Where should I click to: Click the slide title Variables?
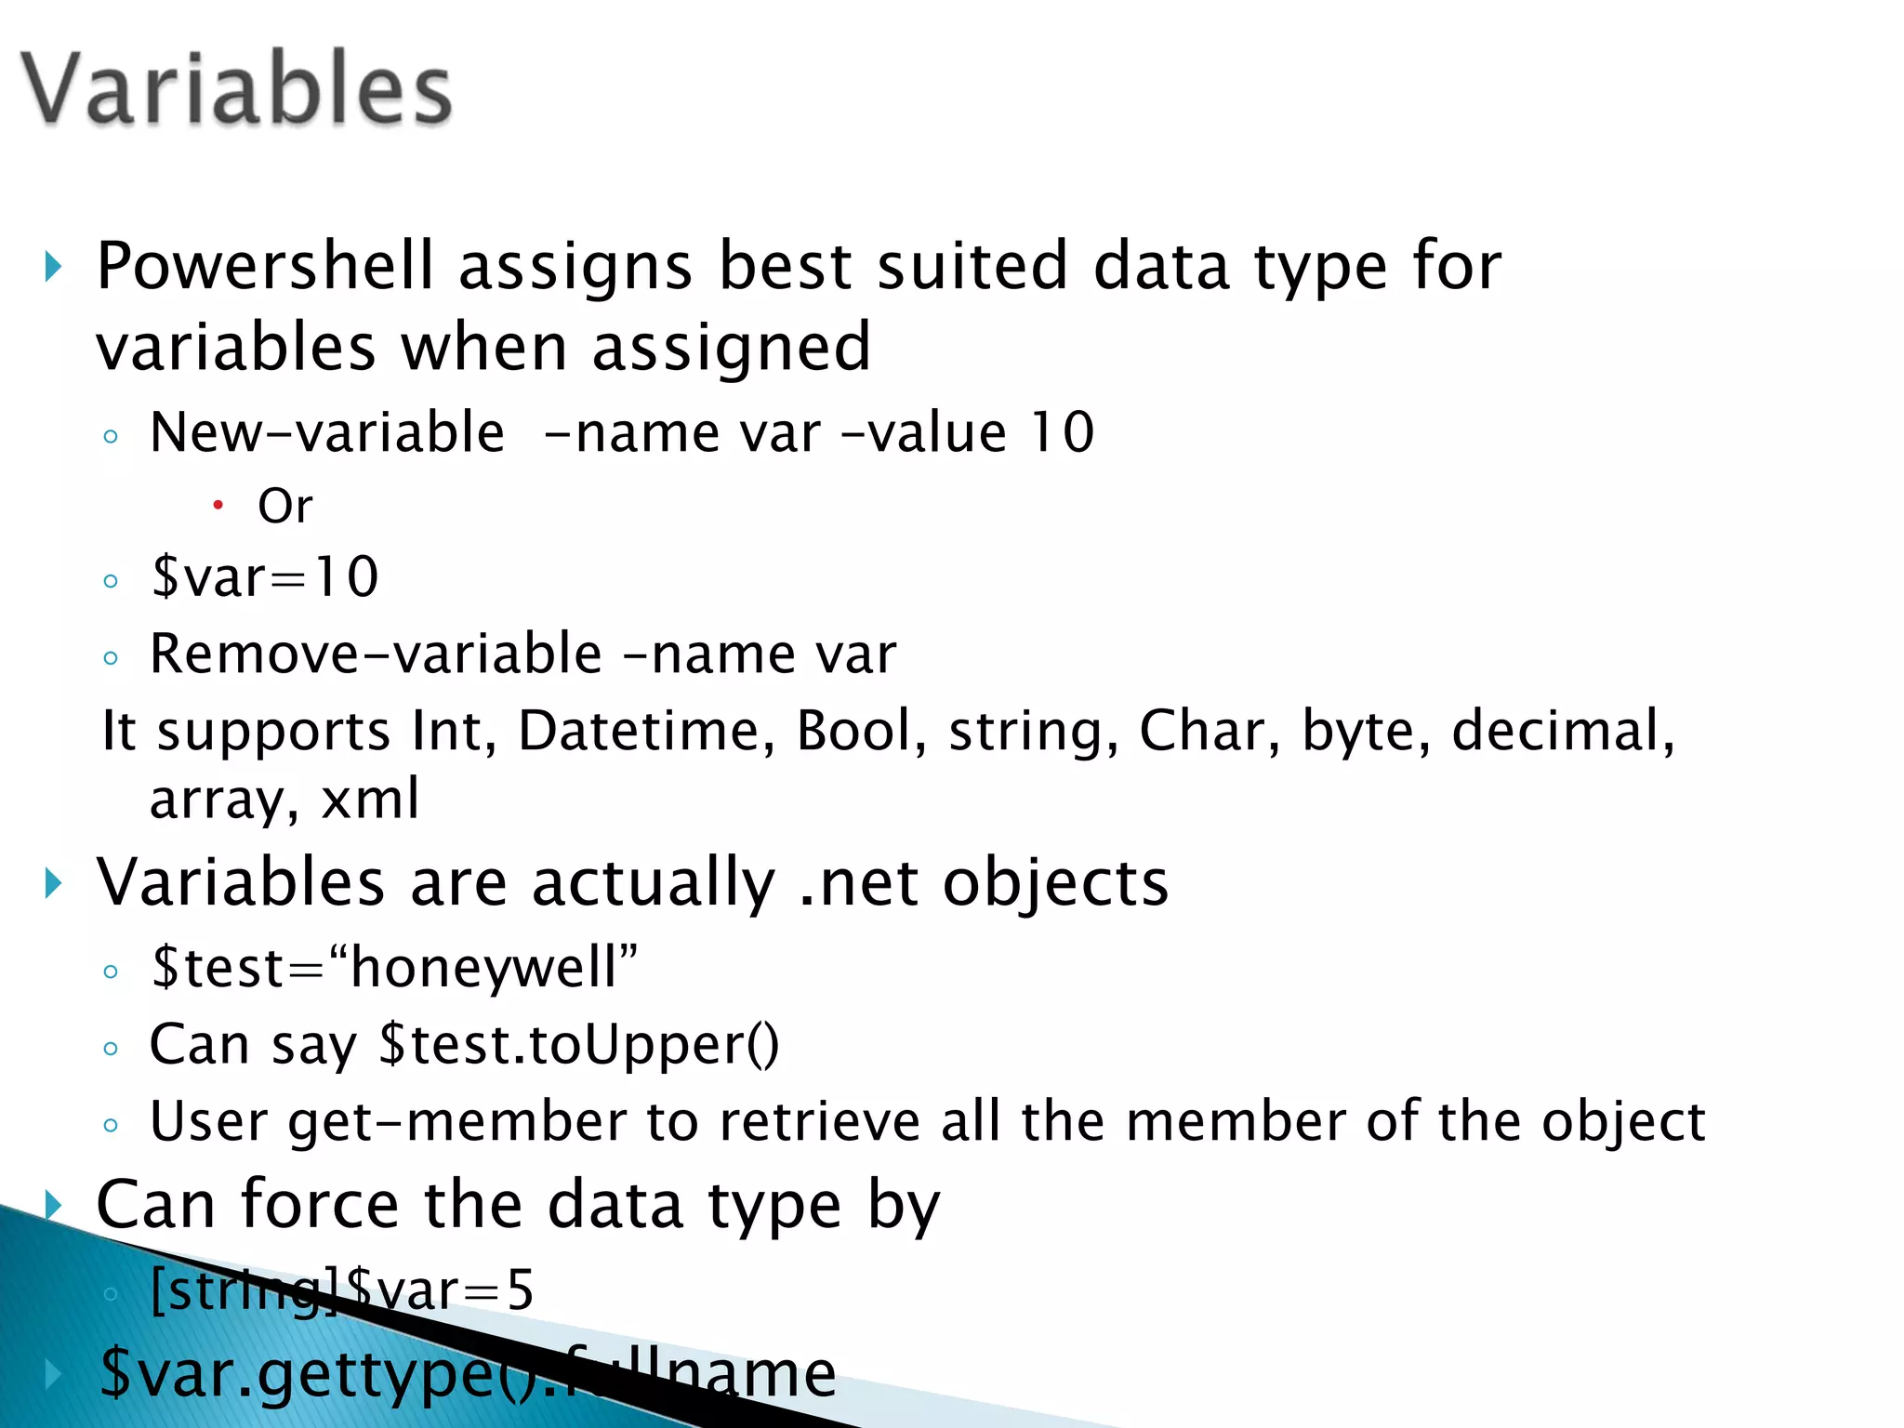pos(237,88)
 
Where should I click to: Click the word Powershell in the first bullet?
pos(265,267)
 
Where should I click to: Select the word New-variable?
pos(326,432)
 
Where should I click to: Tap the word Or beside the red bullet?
pos(284,507)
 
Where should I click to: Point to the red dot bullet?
pos(218,505)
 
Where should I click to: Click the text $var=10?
pos(265,577)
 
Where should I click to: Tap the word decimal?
pos(1562,731)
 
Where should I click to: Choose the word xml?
pos(369,800)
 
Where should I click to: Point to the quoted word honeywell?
pos(483,967)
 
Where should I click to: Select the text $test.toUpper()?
pos(579,1045)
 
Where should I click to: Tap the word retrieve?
pos(817,1122)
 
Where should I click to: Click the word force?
pos(320,1205)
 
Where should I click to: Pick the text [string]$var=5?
pos(341,1290)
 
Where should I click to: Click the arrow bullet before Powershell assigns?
pos(54,268)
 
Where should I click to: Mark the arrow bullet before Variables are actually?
pos(54,883)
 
